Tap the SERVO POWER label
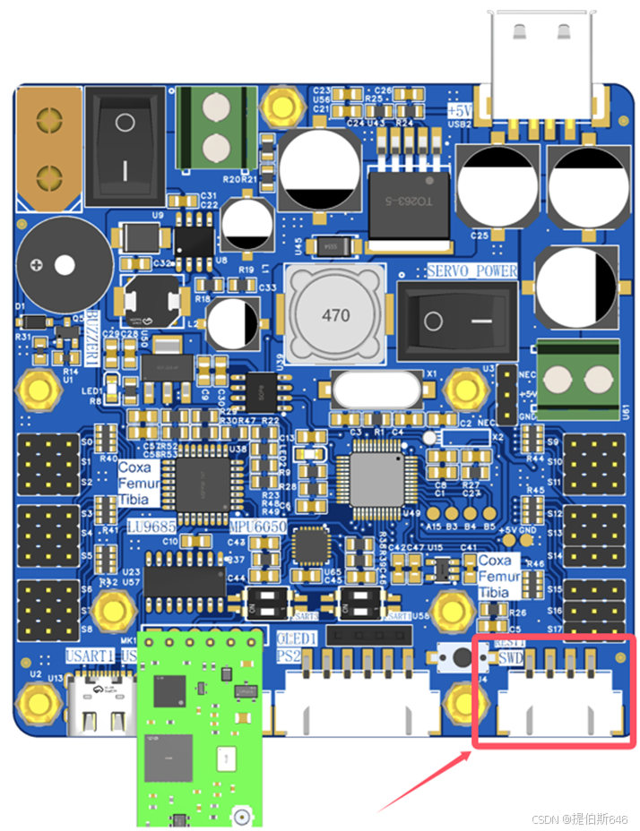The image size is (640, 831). point(471,270)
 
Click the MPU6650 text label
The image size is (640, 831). point(256,527)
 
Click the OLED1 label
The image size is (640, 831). point(295,638)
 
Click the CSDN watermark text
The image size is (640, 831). point(579,819)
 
